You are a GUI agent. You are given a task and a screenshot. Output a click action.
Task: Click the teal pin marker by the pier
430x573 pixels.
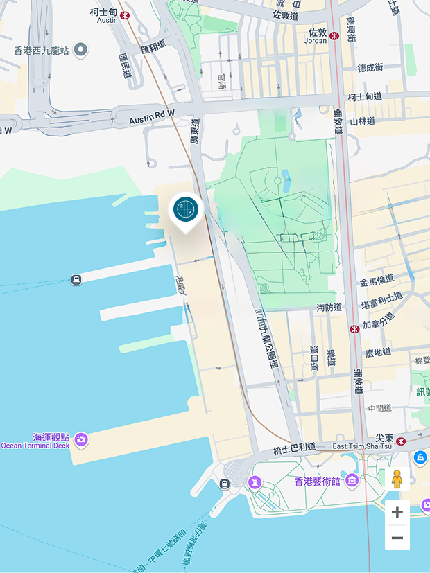pyautogui.click(x=185, y=209)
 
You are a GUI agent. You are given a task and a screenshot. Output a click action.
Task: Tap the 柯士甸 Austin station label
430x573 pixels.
pyautogui.click(x=105, y=15)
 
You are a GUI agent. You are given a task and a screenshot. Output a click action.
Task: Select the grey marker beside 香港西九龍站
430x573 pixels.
pyautogui.click(x=81, y=50)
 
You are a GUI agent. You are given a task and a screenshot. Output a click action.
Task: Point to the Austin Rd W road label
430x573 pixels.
pyautogui.click(x=152, y=120)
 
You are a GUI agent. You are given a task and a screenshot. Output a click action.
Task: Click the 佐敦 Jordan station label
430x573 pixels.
pyautogui.click(x=317, y=35)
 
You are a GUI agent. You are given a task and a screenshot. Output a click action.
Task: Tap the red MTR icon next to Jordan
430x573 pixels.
pyautogui.click(x=334, y=35)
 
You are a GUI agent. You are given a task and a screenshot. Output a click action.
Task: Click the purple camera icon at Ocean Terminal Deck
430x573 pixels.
pyautogui.click(x=81, y=439)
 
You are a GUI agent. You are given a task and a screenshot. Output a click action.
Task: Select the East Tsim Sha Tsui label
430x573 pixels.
pyautogui.click(x=363, y=446)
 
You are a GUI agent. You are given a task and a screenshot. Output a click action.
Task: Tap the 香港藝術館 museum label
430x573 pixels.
pyautogui.click(x=318, y=481)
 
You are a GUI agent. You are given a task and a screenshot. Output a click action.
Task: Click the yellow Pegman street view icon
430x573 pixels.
pyautogui.click(x=397, y=479)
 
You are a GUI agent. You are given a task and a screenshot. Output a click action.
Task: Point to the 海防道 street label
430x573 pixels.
pyautogui.click(x=329, y=307)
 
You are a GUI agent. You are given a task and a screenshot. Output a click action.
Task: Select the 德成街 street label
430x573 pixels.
pyautogui.click(x=370, y=68)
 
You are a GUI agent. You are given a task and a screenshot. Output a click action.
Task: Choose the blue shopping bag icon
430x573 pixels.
pyautogui.click(x=420, y=458)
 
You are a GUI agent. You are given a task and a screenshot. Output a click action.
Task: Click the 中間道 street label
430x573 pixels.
pyautogui.click(x=380, y=408)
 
